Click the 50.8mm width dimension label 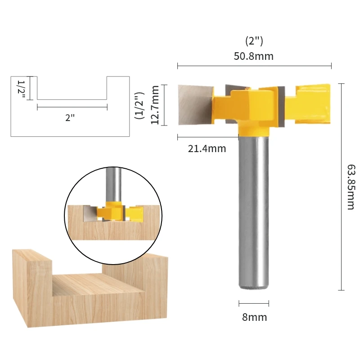254,56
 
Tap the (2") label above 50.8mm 254,42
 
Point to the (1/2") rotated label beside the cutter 139,105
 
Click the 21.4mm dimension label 207,148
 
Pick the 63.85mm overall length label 351,187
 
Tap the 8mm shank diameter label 254,317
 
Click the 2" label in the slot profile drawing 70,117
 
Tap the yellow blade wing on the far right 314,103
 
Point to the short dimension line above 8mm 254,303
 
